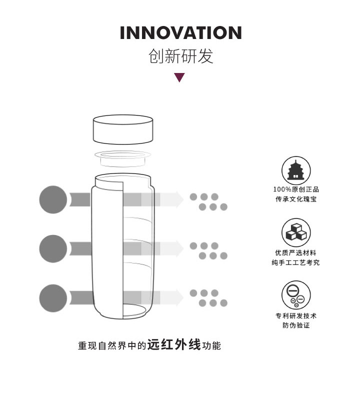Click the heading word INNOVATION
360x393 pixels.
[180, 33]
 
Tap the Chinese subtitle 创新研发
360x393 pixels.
[180, 56]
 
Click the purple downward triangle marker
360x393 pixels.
[179, 77]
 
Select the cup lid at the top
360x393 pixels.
[122, 129]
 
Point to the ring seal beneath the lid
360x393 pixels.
[122, 157]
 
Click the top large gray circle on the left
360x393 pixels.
[53, 199]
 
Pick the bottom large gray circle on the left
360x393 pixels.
[53, 297]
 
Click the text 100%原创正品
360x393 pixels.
[296, 189]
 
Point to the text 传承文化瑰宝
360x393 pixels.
[296, 199]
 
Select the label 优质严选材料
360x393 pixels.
[296, 253]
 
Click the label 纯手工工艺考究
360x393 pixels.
[296, 262]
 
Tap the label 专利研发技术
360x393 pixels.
[296, 316]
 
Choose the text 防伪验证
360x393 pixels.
[296, 325]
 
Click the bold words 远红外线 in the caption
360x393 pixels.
[174, 345]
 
